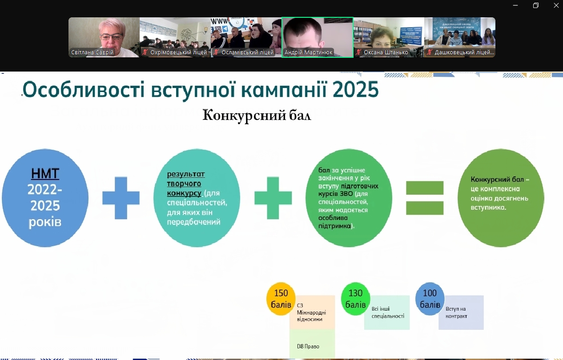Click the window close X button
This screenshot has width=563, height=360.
(x=556, y=5)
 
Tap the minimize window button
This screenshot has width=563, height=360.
(x=515, y=5)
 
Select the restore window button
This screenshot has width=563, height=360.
(x=536, y=5)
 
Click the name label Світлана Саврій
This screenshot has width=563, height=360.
(x=92, y=52)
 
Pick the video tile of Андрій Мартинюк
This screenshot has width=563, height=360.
(x=318, y=37)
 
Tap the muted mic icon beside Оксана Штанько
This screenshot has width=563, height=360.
(x=359, y=52)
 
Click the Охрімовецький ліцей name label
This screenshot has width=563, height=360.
(x=178, y=52)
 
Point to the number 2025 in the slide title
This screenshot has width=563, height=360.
(x=355, y=90)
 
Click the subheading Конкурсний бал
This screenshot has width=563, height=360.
(x=257, y=115)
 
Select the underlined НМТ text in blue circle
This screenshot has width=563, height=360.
(x=45, y=174)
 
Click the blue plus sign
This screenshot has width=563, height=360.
(x=121, y=198)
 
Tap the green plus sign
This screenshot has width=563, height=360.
(x=273, y=198)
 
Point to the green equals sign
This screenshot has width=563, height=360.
(x=425, y=198)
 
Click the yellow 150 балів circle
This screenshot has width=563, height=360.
(x=281, y=299)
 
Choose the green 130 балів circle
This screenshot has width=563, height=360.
(x=355, y=299)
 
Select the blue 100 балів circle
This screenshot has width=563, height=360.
(x=430, y=299)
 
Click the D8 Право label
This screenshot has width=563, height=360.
(x=308, y=346)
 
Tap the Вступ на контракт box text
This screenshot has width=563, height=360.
(x=456, y=312)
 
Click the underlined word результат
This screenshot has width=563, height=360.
(x=186, y=174)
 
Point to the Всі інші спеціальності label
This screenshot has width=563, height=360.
(x=388, y=312)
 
